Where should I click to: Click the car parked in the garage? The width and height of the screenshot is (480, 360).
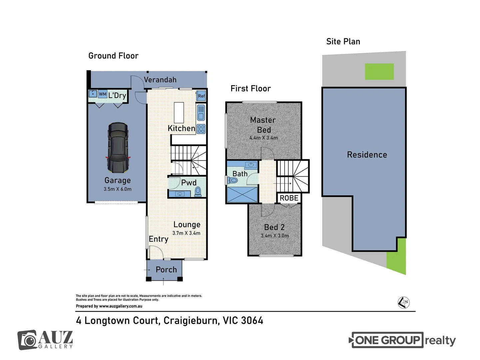click(118, 148)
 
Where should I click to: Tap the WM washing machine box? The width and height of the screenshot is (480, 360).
click(102, 94)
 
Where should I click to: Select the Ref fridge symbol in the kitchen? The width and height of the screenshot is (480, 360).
click(201, 96)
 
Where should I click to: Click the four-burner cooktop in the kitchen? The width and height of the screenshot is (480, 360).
click(201, 129)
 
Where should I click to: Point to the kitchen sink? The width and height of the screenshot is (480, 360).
click(201, 113)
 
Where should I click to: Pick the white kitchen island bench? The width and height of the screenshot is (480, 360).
click(179, 113)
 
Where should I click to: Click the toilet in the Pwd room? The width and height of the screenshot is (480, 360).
click(198, 191)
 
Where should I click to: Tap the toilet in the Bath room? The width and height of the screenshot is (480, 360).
click(232, 180)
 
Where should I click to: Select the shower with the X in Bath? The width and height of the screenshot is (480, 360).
click(242, 194)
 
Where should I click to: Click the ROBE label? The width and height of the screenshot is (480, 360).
click(289, 198)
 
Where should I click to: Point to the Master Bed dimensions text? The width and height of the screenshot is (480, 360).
click(264, 138)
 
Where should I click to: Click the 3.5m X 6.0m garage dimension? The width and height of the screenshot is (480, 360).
click(117, 189)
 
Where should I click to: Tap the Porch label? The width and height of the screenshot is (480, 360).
click(166, 270)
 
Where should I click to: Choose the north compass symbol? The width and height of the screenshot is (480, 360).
click(403, 303)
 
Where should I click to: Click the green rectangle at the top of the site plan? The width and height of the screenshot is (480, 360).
click(379, 71)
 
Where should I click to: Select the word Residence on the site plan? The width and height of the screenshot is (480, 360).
click(367, 155)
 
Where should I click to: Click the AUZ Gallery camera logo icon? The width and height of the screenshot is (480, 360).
click(27, 340)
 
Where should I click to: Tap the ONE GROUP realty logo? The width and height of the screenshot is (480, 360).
click(402, 340)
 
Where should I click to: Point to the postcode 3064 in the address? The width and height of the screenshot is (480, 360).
click(252, 321)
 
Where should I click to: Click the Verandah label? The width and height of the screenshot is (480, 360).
click(160, 80)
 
